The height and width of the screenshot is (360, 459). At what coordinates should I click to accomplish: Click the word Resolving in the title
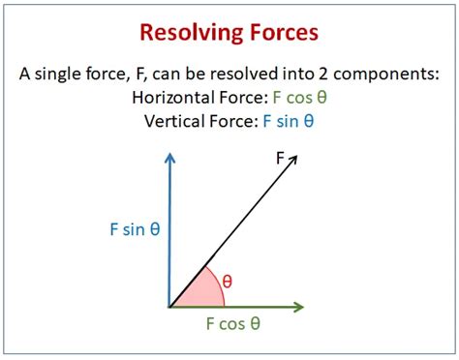[189, 35]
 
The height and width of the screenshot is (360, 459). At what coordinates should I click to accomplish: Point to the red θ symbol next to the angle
[229, 281]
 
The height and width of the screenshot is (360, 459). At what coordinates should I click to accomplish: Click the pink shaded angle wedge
[194, 289]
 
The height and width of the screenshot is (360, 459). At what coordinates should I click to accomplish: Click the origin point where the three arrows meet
[169, 308]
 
